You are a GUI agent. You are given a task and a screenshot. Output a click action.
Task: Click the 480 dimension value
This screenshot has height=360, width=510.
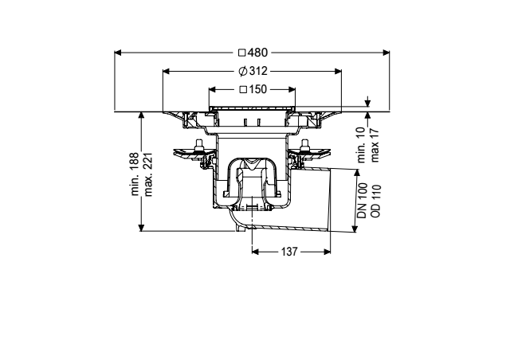pyautogui.click(x=257, y=53)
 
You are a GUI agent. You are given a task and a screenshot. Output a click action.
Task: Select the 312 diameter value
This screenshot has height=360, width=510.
pyautogui.click(x=258, y=71)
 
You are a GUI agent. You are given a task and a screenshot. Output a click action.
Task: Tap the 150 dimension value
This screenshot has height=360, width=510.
pyautogui.click(x=258, y=89)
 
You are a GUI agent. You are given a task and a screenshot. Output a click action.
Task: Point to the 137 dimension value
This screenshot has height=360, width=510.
pyautogui.click(x=289, y=252)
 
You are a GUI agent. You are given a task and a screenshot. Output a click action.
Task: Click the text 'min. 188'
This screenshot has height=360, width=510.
pyautogui.click(x=135, y=174)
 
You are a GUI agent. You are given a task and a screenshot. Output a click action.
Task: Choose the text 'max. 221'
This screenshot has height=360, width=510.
pyautogui.click(x=148, y=174)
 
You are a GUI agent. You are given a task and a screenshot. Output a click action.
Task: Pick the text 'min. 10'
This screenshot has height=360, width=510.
pyautogui.click(x=362, y=145)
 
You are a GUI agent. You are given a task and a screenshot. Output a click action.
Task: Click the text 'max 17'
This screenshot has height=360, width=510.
pyautogui.click(x=375, y=145)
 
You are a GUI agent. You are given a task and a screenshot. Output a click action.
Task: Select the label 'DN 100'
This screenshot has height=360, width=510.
pyautogui.click(x=363, y=201)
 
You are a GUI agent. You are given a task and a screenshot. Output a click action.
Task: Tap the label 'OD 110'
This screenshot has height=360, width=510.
pyautogui.click(x=375, y=201)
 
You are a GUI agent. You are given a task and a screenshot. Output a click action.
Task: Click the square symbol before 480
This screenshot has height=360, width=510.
pyautogui.click(x=241, y=53)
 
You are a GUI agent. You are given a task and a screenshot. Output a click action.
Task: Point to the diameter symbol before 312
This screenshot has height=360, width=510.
pyautogui.click(x=242, y=71)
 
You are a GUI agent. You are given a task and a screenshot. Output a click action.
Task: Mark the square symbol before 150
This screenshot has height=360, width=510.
pyautogui.click(x=243, y=89)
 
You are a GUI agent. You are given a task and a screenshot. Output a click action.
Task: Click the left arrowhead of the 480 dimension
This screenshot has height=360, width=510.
pyautogui.click(x=118, y=53)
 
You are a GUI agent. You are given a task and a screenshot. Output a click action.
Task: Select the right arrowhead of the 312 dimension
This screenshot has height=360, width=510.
pyautogui.click(x=338, y=71)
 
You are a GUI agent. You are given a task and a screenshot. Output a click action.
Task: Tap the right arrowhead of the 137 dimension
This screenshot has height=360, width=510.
pyautogui.click(x=328, y=252)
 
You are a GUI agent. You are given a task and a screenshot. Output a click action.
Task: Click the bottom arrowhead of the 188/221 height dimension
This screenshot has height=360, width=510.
pyautogui.click(x=141, y=228)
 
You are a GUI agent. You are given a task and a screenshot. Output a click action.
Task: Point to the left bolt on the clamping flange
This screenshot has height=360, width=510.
pyautogui.click(x=198, y=146)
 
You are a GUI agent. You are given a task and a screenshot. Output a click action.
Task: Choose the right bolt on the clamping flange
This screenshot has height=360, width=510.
pyautogui.click(x=304, y=146)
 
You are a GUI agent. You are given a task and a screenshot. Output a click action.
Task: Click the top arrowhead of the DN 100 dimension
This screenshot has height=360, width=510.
pyautogui.click(x=358, y=172)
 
